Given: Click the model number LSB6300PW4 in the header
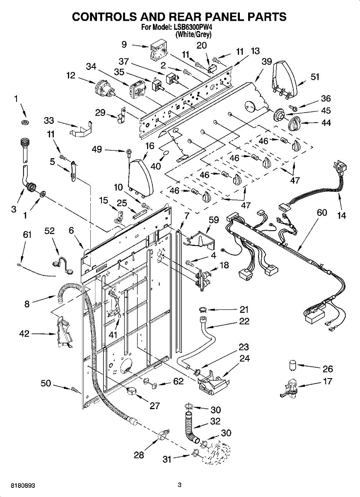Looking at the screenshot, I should click(193, 28).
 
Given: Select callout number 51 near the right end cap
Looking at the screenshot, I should click(315, 77).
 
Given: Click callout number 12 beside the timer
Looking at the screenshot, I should click(71, 75).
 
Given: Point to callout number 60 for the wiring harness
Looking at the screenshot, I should click(322, 213).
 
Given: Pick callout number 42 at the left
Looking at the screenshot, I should click(24, 333).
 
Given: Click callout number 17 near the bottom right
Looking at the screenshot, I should click(327, 381).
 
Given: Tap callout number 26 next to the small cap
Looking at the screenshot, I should click(327, 369).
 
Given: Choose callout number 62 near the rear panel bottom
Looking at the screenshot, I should click(178, 381).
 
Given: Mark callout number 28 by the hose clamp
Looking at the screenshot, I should click(139, 455).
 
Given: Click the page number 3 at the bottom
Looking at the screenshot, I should click(179, 485).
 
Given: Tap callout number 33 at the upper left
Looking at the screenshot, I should click(49, 121).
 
